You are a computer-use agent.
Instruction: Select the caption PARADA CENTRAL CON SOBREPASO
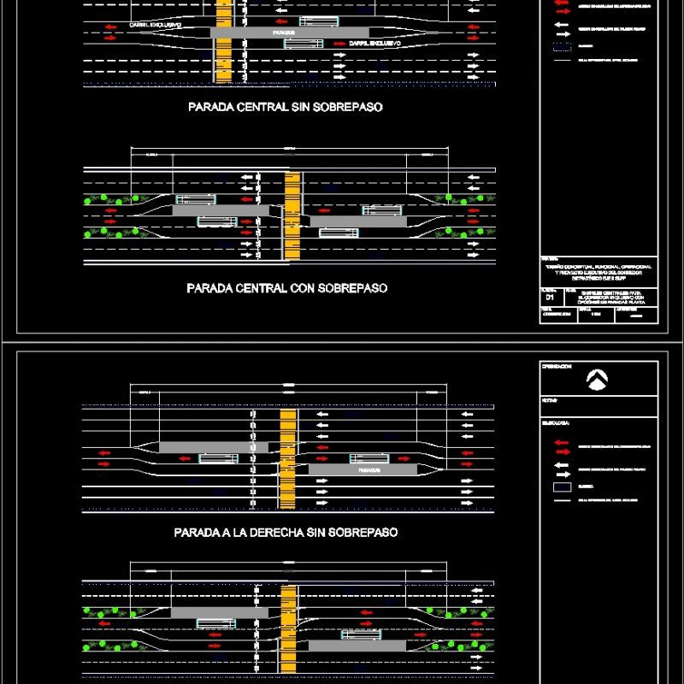click(x=286, y=289)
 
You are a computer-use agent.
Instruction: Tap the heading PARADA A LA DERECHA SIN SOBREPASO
click(x=286, y=532)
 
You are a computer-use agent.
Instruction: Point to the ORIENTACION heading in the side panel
click(x=556, y=366)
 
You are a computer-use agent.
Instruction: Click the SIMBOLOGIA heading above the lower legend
click(x=555, y=422)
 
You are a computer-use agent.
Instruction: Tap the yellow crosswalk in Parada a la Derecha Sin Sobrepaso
click(x=288, y=457)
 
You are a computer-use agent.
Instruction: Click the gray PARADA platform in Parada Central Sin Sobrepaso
click(x=265, y=32)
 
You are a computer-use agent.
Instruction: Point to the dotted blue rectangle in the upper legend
click(x=561, y=47)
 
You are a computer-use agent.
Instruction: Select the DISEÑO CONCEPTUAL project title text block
click(x=598, y=272)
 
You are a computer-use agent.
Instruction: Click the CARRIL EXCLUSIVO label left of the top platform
click(x=155, y=26)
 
